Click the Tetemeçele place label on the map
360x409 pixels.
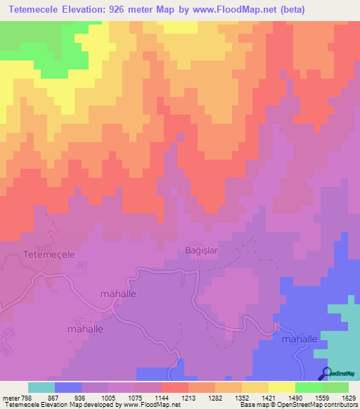click(49, 253)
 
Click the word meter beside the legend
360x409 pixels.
click(11, 396)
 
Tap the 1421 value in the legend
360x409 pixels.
click(268, 396)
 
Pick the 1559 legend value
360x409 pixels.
click(322, 396)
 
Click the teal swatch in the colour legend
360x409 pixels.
click(41, 387)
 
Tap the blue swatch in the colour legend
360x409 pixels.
click(68, 387)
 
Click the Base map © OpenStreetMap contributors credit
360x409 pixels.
click(297, 405)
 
